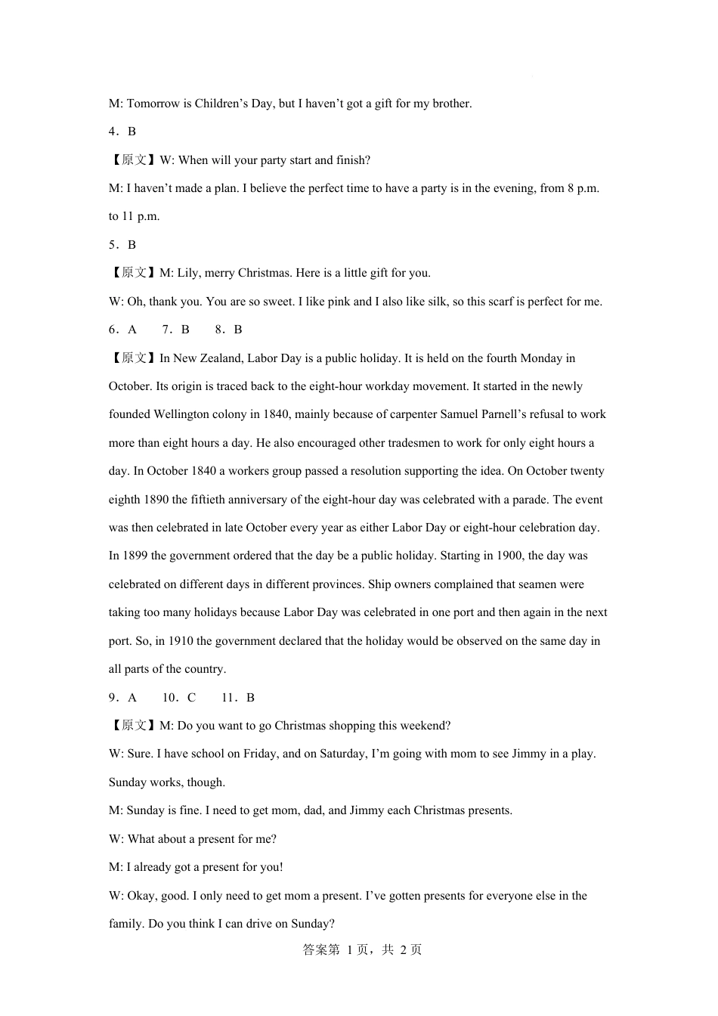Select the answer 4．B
coord(122,132)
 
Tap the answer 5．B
coord(122,245)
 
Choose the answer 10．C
coord(179,698)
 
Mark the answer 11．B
coord(238,698)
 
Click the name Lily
coord(189,273)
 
